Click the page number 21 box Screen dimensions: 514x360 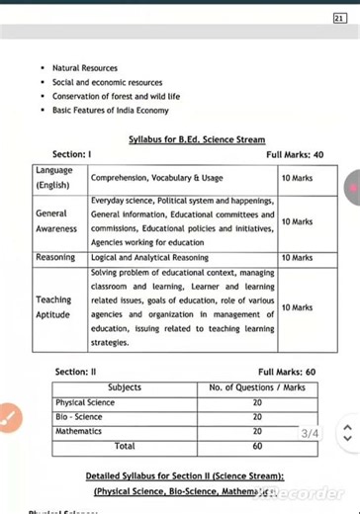point(339,18)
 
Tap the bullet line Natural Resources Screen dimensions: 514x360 point(85,68)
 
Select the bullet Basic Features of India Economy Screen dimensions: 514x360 point(111,110)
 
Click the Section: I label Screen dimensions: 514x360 point(72,155)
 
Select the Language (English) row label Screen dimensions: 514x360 point(53,178)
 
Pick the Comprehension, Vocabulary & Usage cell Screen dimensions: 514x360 point(157,178)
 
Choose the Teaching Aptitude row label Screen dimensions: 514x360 point(53,306)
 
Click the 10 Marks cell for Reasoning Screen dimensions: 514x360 point(297,257)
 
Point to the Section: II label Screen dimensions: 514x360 point(75,372)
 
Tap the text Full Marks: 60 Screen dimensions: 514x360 point(287,372)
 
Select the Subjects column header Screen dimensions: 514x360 point(124,387)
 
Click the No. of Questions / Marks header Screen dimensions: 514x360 point(257,387)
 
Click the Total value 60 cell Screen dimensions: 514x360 point(257,446)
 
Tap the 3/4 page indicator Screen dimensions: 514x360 point(311,433)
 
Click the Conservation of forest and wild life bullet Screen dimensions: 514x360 point(116,96)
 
